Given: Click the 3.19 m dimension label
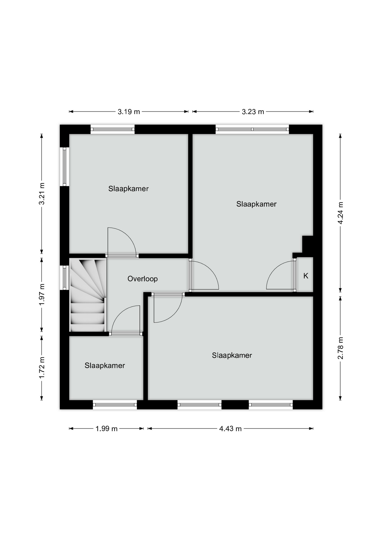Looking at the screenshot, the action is coord(129,112).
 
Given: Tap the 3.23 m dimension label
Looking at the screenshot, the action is coord(253,112).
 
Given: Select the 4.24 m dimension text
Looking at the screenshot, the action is coord(340,213).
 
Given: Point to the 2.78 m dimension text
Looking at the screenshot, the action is coord(340,348).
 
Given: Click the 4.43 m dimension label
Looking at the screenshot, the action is coord(230,429).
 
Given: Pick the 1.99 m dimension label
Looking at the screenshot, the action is coord(106,429).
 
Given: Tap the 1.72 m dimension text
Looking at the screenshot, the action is coord(42,368).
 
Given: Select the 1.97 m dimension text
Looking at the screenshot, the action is coord(42,294).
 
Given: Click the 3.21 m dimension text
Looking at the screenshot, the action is coord(42,194).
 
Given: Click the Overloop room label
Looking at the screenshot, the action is coord(142,279).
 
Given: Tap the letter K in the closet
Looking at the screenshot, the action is coord(306,276).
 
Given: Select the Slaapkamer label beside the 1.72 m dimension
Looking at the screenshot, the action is coord(105,365).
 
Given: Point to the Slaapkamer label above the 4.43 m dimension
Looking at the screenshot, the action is coord(232,355).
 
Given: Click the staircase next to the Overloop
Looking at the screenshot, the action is coord(88,295).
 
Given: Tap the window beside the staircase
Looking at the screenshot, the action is coord(65,278).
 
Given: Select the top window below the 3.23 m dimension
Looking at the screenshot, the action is coord(252,129).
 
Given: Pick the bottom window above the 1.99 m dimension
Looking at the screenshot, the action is coord(115,405).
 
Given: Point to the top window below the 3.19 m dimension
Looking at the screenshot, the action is coord(113,129).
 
